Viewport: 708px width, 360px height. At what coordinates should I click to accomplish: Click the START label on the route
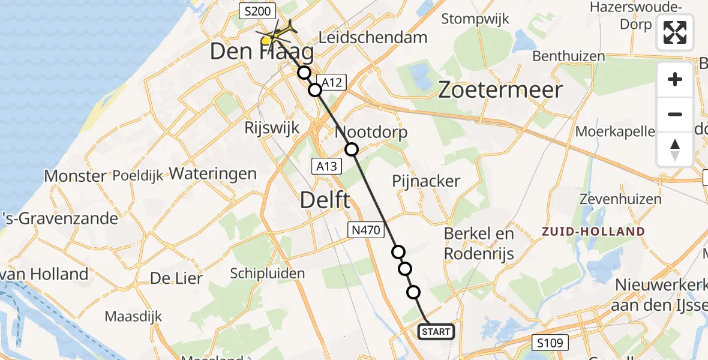[436, 332]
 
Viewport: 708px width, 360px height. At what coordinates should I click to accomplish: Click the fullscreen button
[675, 32]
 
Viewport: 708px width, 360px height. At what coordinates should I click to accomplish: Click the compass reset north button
[675, 149]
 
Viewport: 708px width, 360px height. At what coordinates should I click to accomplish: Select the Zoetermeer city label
[500, 91]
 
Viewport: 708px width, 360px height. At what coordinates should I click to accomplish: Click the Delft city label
[326, 200]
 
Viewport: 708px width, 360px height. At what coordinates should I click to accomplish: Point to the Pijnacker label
[426, 181]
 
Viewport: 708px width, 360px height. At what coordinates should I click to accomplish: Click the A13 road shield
[327, 166]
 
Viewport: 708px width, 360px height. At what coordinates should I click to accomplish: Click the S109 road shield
[550, 343]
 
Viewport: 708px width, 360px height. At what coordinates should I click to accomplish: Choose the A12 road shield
[332, 83]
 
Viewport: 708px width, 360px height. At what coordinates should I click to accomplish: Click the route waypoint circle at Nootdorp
[351, 149]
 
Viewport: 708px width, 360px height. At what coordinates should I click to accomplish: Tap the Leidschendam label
[373, 37]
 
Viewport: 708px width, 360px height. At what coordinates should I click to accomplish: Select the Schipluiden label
[268, 274]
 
